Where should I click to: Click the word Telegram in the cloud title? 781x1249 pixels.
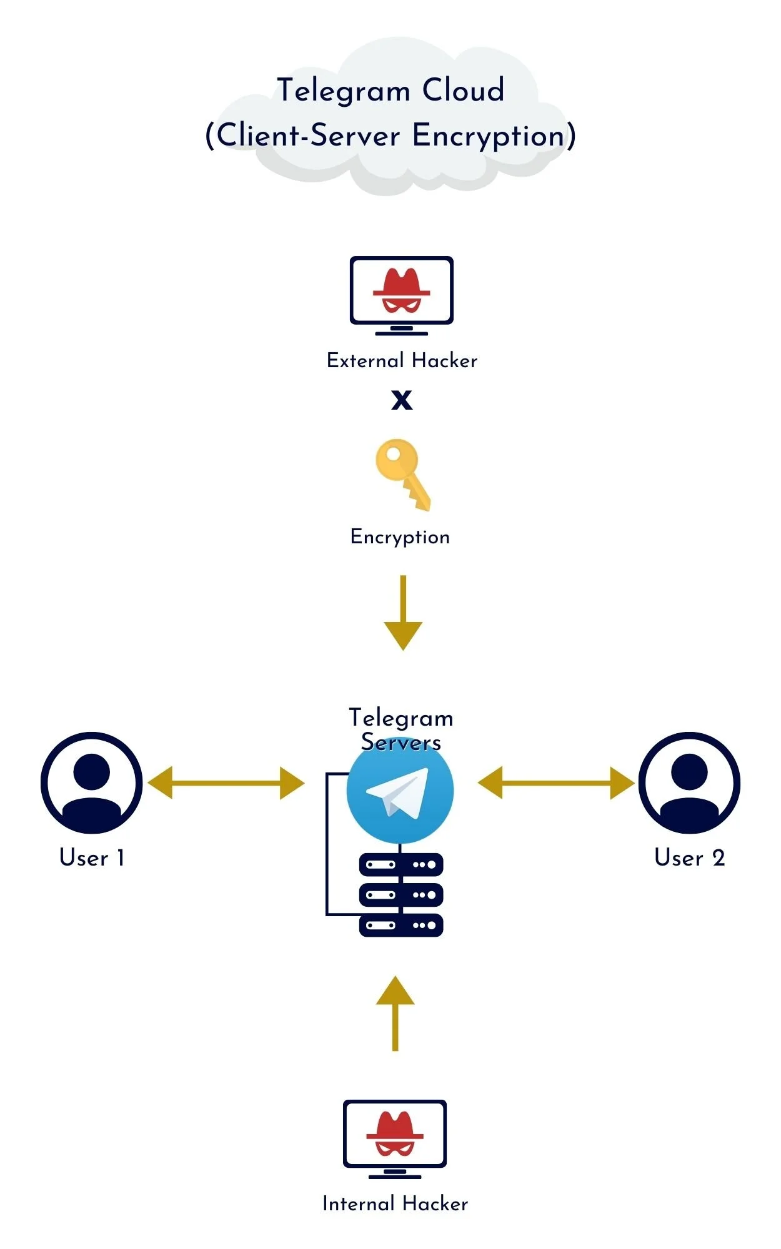343,91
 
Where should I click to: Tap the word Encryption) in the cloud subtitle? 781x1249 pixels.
494,136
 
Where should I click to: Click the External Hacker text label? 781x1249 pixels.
402,361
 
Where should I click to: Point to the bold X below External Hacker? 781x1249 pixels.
402,400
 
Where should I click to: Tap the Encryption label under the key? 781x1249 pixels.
400,537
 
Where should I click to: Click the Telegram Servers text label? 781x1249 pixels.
400,729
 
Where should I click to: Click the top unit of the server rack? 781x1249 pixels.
401,865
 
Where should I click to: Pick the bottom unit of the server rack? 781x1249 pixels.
401,925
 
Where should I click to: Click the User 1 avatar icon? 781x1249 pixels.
92,783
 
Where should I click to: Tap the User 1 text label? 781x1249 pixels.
92,858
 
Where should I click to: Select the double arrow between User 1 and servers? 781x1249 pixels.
226,783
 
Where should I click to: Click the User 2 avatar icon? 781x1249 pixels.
689,783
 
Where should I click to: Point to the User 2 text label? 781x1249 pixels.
689,858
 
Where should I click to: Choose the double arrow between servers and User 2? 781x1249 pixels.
555,783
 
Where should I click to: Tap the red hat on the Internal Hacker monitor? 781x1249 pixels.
395,1128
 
